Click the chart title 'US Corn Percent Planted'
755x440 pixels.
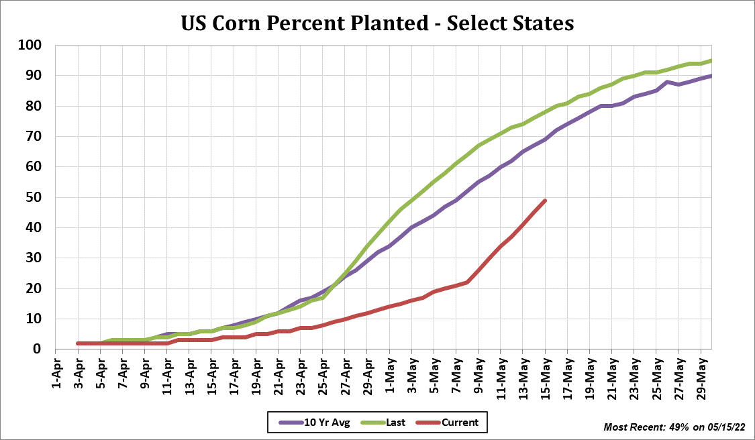[377, 23]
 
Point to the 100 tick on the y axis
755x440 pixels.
[32, 46]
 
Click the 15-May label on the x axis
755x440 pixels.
[545, 371]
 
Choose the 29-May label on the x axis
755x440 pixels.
[700, 371]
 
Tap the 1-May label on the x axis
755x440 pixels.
[389, 371]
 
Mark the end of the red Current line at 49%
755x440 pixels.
[545, 201]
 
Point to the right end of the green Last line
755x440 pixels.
[711, 60]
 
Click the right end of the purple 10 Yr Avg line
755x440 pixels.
[711, 76]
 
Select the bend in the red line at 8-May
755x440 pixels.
[467, 282]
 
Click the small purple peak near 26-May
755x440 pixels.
[667, 82]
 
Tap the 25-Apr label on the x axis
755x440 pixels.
[323, 371]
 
